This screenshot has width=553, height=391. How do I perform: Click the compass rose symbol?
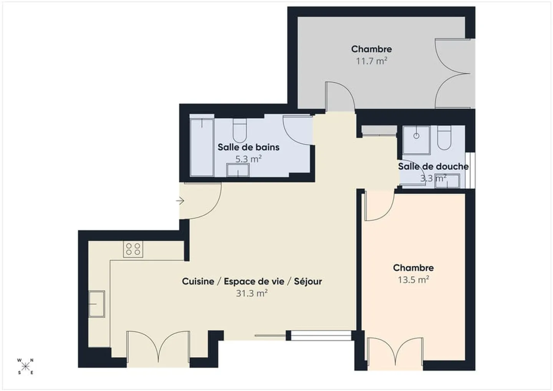pyautogui.click(x=25, y=366)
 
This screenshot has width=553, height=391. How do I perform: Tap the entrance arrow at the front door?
pyautogui.click(x=180, y=200)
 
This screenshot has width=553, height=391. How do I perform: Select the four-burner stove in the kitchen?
pyautogui.click(x=133, y=249)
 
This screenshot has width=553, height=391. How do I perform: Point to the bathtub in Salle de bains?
pyautogui.click(x=202, y=147)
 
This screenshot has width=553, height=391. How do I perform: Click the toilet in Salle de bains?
pyautogui.click(x=240, y=130)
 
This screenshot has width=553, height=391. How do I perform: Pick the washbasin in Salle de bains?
pyautogui.click(x=238, y=170)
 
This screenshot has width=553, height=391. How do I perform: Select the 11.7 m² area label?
pyautogui.click(x=371, y=61)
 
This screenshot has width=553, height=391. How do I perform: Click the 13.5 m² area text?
pyautogui.click(x=413, y=280)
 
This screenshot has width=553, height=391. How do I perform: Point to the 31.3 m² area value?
pyautogui.click(x=252, y=293)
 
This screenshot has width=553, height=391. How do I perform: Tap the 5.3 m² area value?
pyautogui.click(x=248, y=159)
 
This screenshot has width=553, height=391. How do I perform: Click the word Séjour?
pyautogui.click(x=308, y=282)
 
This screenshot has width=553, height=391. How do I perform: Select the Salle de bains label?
pyautogui.click(x=248, y=147)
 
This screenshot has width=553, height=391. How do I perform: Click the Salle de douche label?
pyautogui.click(x=433, y=166)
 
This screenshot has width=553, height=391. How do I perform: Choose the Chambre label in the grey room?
pyautogui.click(x=371, y=49)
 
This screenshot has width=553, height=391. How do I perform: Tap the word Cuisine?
pyautogui.click(x=198, y=282)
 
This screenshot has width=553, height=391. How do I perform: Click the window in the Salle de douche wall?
pyautogui.click(x=470, y=170)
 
